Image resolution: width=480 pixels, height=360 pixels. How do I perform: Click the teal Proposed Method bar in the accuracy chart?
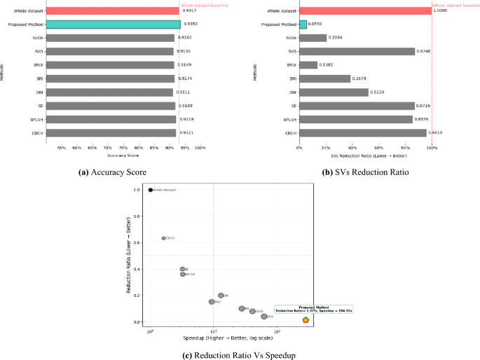pyautogui.click(x=112, y=24)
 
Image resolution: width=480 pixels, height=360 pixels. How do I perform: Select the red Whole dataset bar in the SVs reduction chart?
pyautogui.click(x=365, y=11)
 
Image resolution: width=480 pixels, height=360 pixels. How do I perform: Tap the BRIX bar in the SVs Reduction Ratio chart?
pyautogui.click(x=308, y=64)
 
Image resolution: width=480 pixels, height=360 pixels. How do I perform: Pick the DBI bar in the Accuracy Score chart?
pyautogui.click(x=109, y=92)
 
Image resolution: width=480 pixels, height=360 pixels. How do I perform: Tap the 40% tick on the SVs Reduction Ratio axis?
pyautogui.click(x=352, y=148)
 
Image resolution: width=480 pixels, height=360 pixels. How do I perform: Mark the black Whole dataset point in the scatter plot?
pyautogui.click(x=151, y=190)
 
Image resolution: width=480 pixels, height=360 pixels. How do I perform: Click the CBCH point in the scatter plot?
pyautogui.click(x=163, y=238)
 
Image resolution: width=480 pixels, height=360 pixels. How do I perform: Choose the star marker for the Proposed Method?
pyautogui.click(x=306, y=319)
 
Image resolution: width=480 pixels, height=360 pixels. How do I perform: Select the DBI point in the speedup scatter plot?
pyautogui.click(x=221, y=296)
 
